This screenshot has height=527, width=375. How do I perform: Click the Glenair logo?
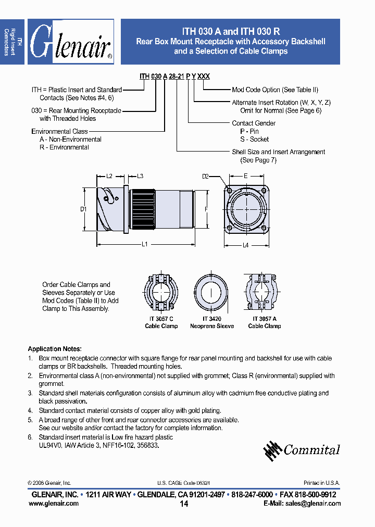coord(70,42)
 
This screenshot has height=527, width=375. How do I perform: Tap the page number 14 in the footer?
coord(184,504)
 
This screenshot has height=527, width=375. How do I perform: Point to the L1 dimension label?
coord(145,244)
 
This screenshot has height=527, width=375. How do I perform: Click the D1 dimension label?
coord(83,209)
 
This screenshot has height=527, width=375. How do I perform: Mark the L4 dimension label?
coord(246,245)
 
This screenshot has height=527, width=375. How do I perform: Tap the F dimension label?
coord(206,209)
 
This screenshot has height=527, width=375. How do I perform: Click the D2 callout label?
coord(205,177)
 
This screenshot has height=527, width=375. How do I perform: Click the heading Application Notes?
coord(55,349)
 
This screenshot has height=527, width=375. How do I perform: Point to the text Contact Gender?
coord(254,123)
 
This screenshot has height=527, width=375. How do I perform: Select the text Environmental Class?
coord(59,132)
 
